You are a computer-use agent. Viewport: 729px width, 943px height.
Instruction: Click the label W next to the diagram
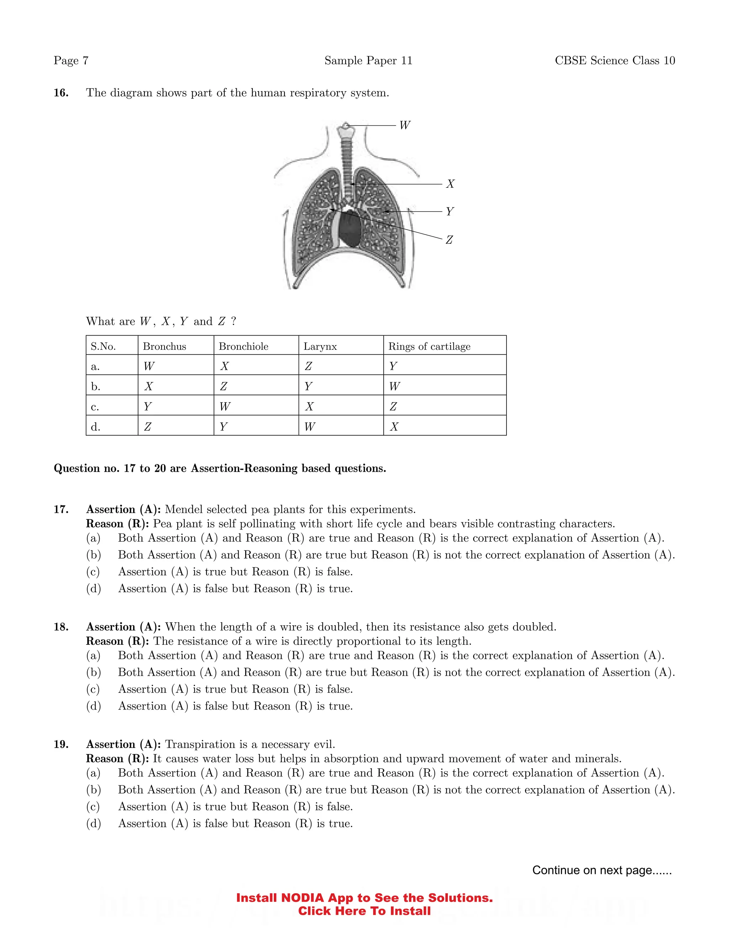pyautogui.click(x=404, y=125)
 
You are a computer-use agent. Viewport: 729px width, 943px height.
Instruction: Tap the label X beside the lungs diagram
pyautogui.click(x=450, y=184)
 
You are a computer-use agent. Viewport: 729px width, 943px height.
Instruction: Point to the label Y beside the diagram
pyautogui.click(x=450, y=212)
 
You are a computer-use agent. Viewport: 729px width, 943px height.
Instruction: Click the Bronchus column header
pyautogui.click(x=164, y=346)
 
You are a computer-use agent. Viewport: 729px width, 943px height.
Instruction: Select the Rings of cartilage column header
pyautogui.click(x=429, y=346)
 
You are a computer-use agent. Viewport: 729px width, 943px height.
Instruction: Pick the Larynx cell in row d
pyautogui.click(x=310, y=427)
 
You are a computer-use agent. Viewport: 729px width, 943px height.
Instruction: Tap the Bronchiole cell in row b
pyautogui.click(x=223, y=386)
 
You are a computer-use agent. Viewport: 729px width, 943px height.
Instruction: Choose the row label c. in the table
pyautogui.click(x=95, y=407)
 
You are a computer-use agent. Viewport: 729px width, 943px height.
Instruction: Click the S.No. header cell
pyautogui.click(x=103, y=346)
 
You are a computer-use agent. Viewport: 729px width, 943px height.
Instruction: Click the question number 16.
pyautogui.click(x=61, y=93)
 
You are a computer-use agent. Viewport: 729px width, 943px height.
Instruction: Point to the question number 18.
pyautogui.click(x=61, y=627)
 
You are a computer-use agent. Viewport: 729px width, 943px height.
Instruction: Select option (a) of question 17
pyautogui.click(x=93, y=538)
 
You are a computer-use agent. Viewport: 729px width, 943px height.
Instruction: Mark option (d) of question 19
pyautogui.click(x=93, y=823)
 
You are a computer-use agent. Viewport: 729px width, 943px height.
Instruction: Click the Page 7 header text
pyautogui.click(x=71, y=60)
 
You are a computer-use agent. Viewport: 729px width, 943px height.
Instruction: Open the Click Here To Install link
pyautogui.click(x=364, y=911)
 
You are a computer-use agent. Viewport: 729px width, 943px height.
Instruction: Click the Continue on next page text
pyautogui.click(x=602, y=870)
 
